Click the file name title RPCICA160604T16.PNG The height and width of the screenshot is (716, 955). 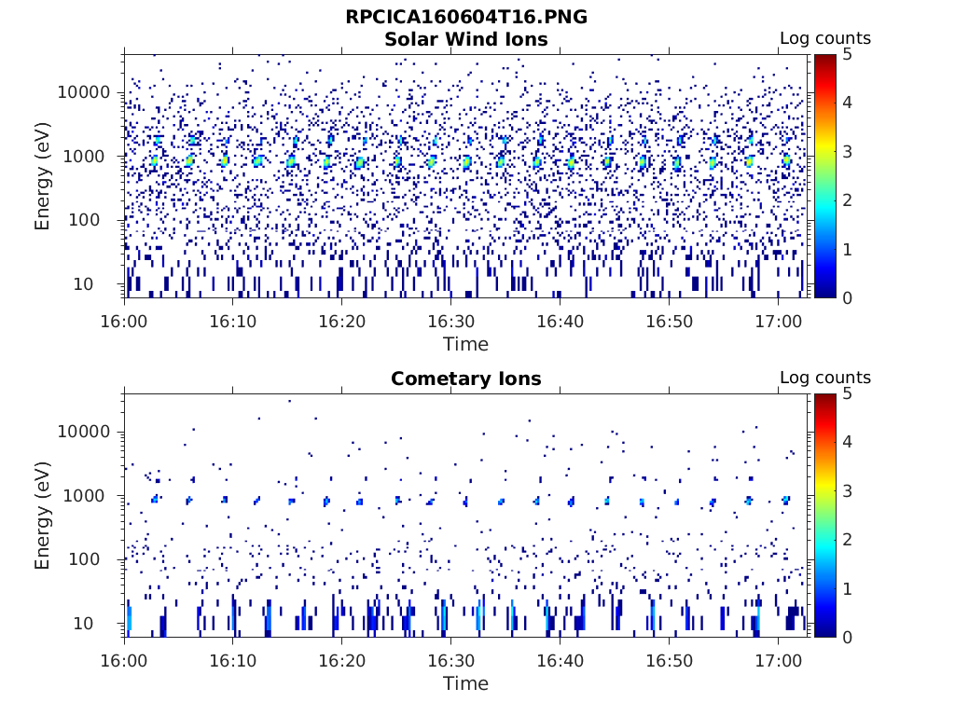pyautogui.click(x=466, y=17)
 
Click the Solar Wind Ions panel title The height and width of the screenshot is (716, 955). pyautogui.click(x=466, y=39)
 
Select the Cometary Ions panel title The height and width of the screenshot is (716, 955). pyautogui.click(x=466, y=379)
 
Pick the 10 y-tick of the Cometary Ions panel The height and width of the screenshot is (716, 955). pyautogui.click(x=103, y=623)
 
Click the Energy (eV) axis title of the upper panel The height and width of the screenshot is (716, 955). pyautogui.click(x=43, y=175)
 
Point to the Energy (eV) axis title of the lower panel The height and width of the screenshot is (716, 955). pyautogui.click(x=43, y=515)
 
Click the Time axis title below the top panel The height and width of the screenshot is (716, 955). pyautogui.click(x=465, y=344)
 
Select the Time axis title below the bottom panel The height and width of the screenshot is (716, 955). pyautogui.click(x=465, y=683)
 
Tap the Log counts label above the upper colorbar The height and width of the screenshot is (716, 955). pyautogui.click(x=824, y=38)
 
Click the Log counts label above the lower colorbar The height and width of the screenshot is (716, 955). pyautogui.click(x=824, y=378)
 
